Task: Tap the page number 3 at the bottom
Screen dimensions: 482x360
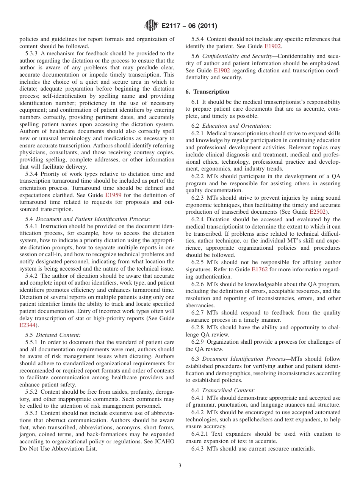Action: (x=180, y=466)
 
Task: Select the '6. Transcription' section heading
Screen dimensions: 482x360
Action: (x=207, y=92)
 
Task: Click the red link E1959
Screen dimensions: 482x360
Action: (x=113, y=195)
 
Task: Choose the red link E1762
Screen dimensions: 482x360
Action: (x=260, y=269)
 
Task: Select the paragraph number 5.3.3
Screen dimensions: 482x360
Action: (x=32, y=53)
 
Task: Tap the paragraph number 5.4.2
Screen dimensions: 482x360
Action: (x=32, y=275)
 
